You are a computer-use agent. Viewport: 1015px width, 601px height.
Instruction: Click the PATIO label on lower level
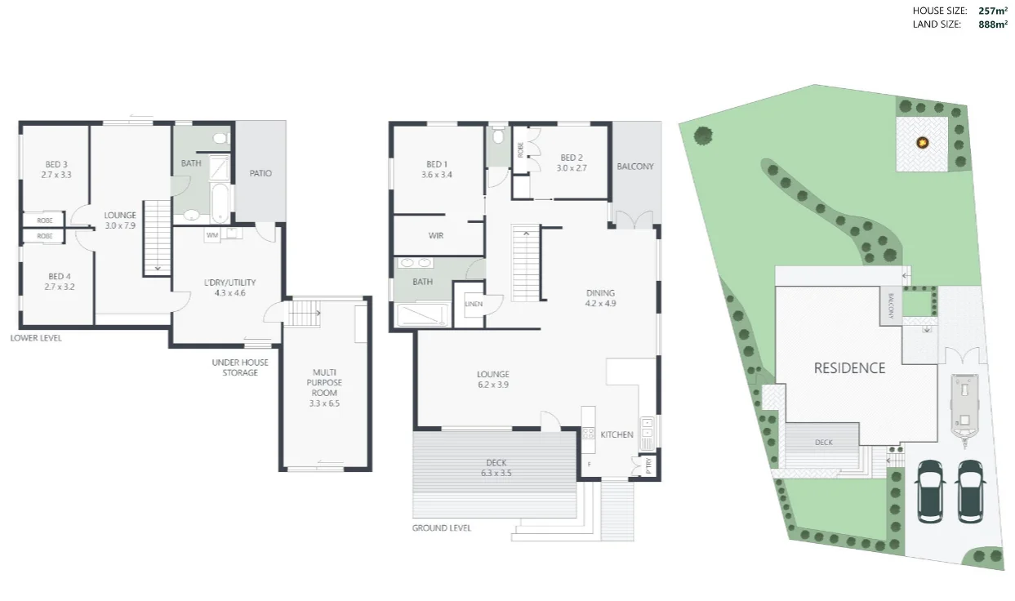click(x=260, y=173)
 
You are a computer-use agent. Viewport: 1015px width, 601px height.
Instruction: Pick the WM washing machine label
click(x=211, y=235)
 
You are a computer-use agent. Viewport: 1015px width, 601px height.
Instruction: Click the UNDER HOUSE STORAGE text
click(x=234, y=367)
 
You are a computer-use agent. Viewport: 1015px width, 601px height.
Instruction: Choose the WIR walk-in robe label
click(x=436, y=236)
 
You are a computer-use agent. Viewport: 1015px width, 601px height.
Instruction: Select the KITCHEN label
click(x=617, y=434)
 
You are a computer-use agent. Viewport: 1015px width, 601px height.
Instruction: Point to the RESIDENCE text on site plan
click(x=849, y=368)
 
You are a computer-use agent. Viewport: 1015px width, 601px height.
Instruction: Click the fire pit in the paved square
click(x=923, y=143)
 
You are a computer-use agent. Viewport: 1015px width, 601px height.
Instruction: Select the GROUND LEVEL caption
click(x=441, y=528)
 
